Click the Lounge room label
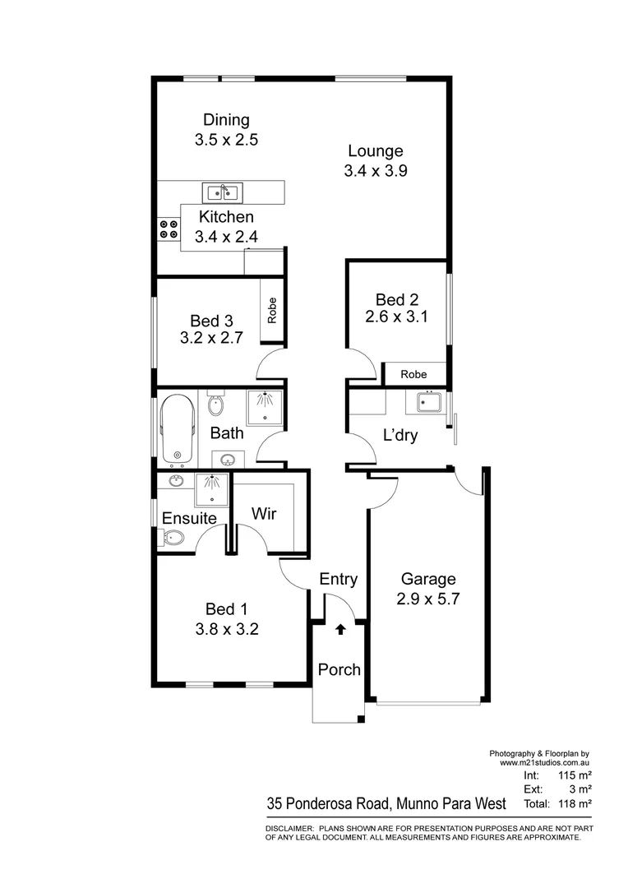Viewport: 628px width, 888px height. [375, 151]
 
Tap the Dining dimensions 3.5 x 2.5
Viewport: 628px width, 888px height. [226, 140]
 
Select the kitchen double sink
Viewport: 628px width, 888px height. [221, 193]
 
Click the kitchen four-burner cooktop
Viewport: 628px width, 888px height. [169, 229]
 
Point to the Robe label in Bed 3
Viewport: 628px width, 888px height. [272, 311]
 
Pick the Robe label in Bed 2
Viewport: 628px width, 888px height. [413, 374]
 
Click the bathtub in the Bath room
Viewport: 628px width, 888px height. [178, 429]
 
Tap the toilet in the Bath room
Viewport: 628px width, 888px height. [215, 405]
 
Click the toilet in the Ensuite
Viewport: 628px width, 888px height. [173, 539]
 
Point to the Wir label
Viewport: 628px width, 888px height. [263, 515]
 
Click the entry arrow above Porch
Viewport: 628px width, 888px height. [340, 631]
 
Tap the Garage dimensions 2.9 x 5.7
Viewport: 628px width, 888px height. [427, 599]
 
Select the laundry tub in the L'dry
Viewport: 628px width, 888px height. [427, 404]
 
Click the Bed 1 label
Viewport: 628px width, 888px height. [226, 609]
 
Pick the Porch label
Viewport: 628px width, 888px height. [339, 670]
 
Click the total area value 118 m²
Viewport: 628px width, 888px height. [575, 803]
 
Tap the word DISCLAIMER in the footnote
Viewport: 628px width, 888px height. [289, 828]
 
